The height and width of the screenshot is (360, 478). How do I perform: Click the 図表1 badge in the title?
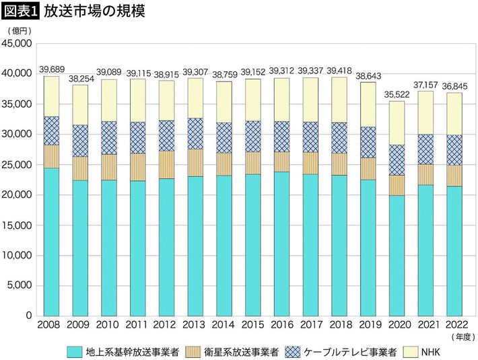click(x=21, y=11)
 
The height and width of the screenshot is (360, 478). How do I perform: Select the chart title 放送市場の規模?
click(x=94, y=11)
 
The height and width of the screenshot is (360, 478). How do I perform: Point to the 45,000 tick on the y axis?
click(x=19, y=44)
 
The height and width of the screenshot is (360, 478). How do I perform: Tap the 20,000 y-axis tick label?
click(x=19, y=195)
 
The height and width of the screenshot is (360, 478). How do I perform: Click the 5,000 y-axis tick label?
click(x=22, y=286)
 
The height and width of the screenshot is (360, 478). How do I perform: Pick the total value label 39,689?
click(x=51, y=70)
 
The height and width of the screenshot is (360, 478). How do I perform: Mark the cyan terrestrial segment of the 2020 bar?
click(x=396, y=256)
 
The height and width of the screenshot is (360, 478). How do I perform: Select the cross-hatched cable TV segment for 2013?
click(x=195, y=133)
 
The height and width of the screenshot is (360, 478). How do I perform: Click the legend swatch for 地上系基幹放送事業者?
click(x=75, y=351)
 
